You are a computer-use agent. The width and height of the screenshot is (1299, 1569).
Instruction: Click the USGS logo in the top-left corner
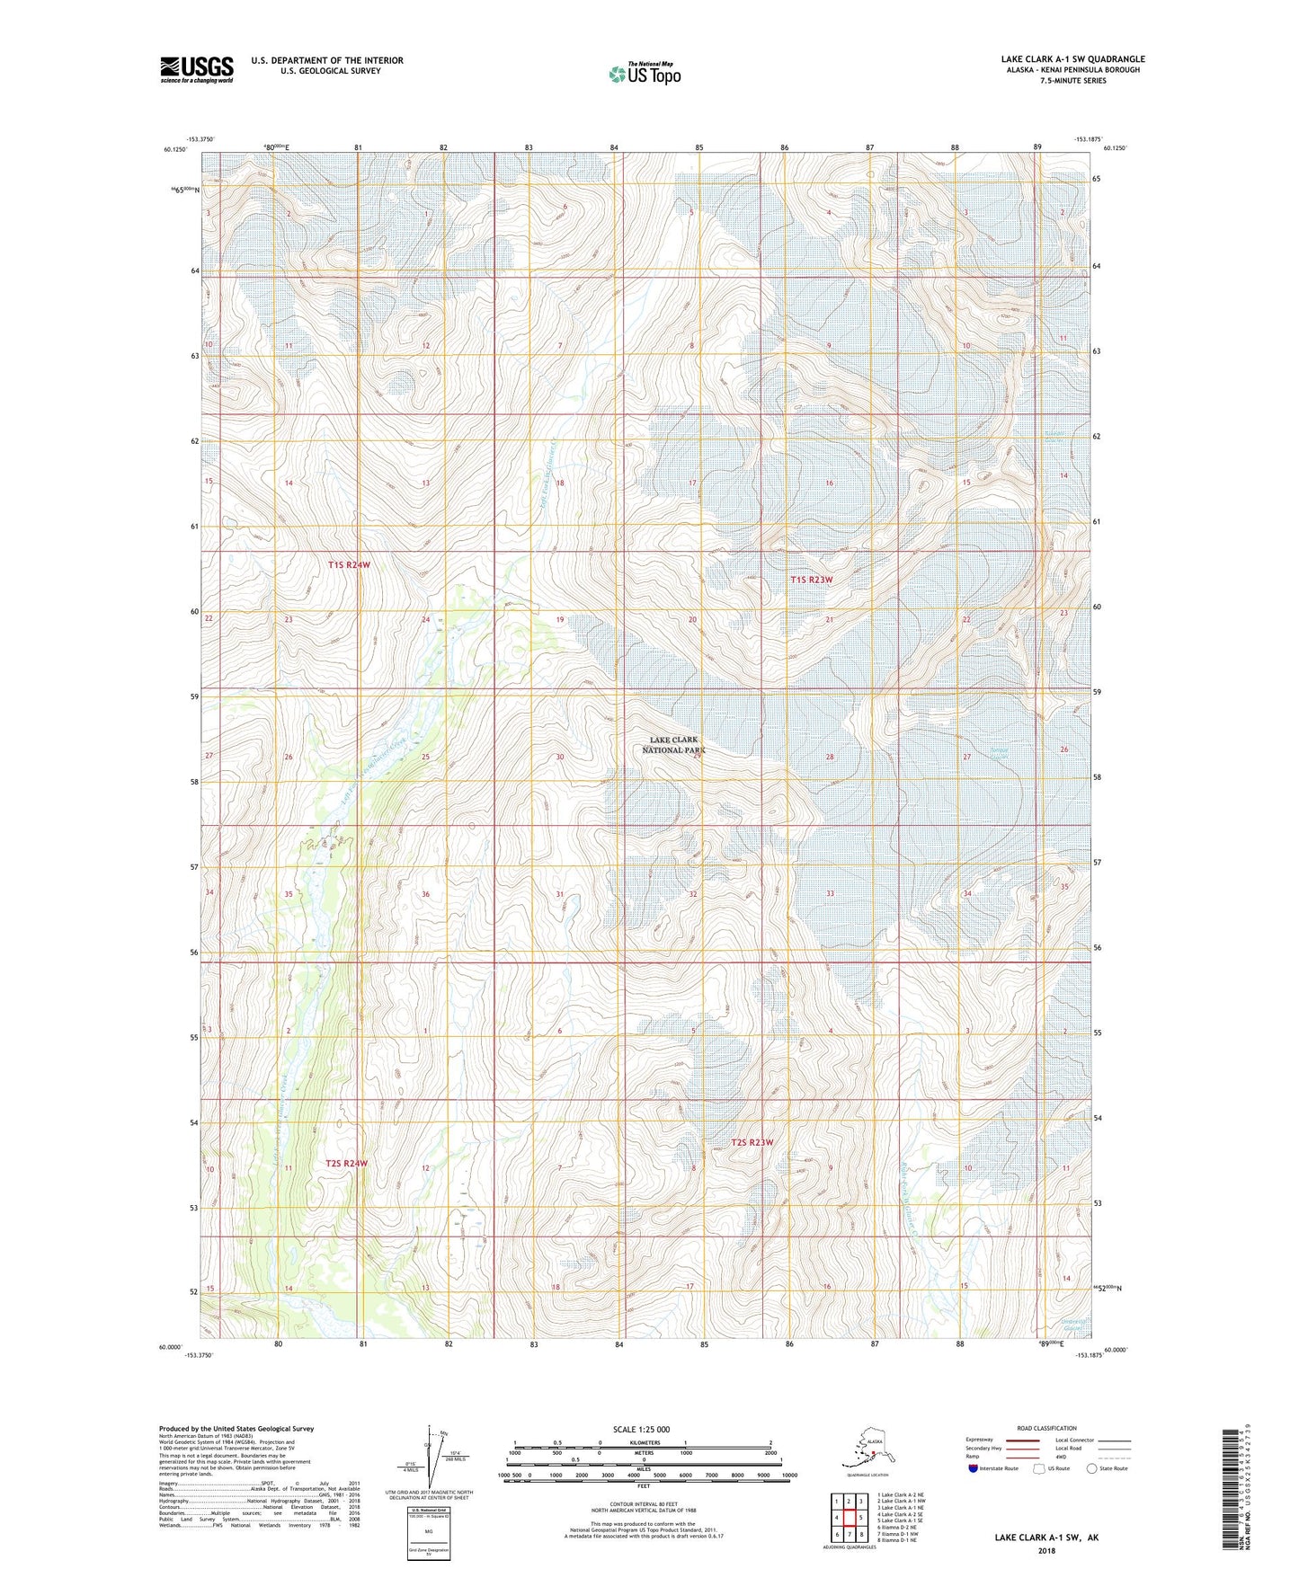pyautogui.click(x=196, y=68)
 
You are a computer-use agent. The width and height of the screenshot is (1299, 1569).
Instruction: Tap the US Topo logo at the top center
pyautogui.click(x=643, y=73)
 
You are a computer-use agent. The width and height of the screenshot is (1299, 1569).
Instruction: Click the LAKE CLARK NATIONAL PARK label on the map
pyautogui.click(x=674, y=744)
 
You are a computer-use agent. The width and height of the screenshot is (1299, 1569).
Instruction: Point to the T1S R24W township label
pyautogui.click(x=349, y=564)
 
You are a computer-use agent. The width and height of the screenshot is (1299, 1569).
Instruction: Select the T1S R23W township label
pyautogui.click(x=811, y=580)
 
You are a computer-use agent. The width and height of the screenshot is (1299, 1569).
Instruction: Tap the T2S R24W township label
pyautogui.click(x=347, y=1163)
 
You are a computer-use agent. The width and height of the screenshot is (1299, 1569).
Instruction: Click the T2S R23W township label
pyautogui.click(x=752, y=1142)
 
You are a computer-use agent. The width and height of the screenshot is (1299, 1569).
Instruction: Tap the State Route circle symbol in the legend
pyautogui.click(x=1091, y=1469)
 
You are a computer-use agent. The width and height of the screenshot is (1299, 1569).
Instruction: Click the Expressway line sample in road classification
pyautogui.click(x=1023, y=1440)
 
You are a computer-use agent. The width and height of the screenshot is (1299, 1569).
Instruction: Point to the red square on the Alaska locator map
pyautogui.click(x=873, y=1453)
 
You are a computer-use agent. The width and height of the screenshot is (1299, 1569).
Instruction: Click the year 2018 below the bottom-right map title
pyautogui.click(x=1045, y=1550)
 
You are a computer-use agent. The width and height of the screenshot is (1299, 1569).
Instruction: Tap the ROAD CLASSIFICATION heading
pyautogui.click(x=1046, y=1428)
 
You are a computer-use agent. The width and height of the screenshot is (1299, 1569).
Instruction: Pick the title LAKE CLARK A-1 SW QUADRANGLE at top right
pyautogui.click(x=1072, y=59)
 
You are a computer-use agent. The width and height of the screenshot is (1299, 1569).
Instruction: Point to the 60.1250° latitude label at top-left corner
pyautogui.click(x=176, y=150)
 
